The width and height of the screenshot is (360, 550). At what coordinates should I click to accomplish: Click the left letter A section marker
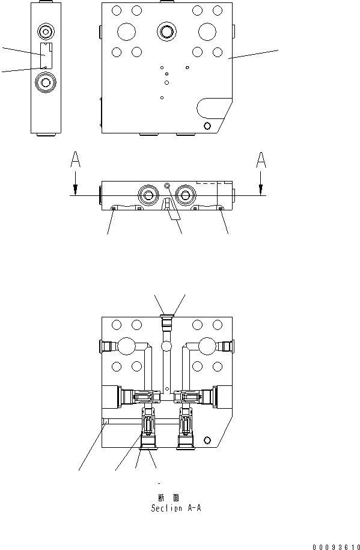click(x=75, y=159)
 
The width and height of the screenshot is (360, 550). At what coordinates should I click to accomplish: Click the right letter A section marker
click(x=261, y=159)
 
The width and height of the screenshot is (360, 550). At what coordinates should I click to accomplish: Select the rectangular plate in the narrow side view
click(x=45, y=55)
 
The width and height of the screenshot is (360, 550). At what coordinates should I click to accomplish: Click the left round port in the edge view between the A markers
click(x=147, y=194)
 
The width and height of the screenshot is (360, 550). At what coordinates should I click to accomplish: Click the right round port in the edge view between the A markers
click(x=185, y=194)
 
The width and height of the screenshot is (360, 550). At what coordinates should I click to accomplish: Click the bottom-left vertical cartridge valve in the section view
click(x=148, y=428)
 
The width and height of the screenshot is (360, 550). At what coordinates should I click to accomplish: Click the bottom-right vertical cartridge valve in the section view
click(x=186, y=428)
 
